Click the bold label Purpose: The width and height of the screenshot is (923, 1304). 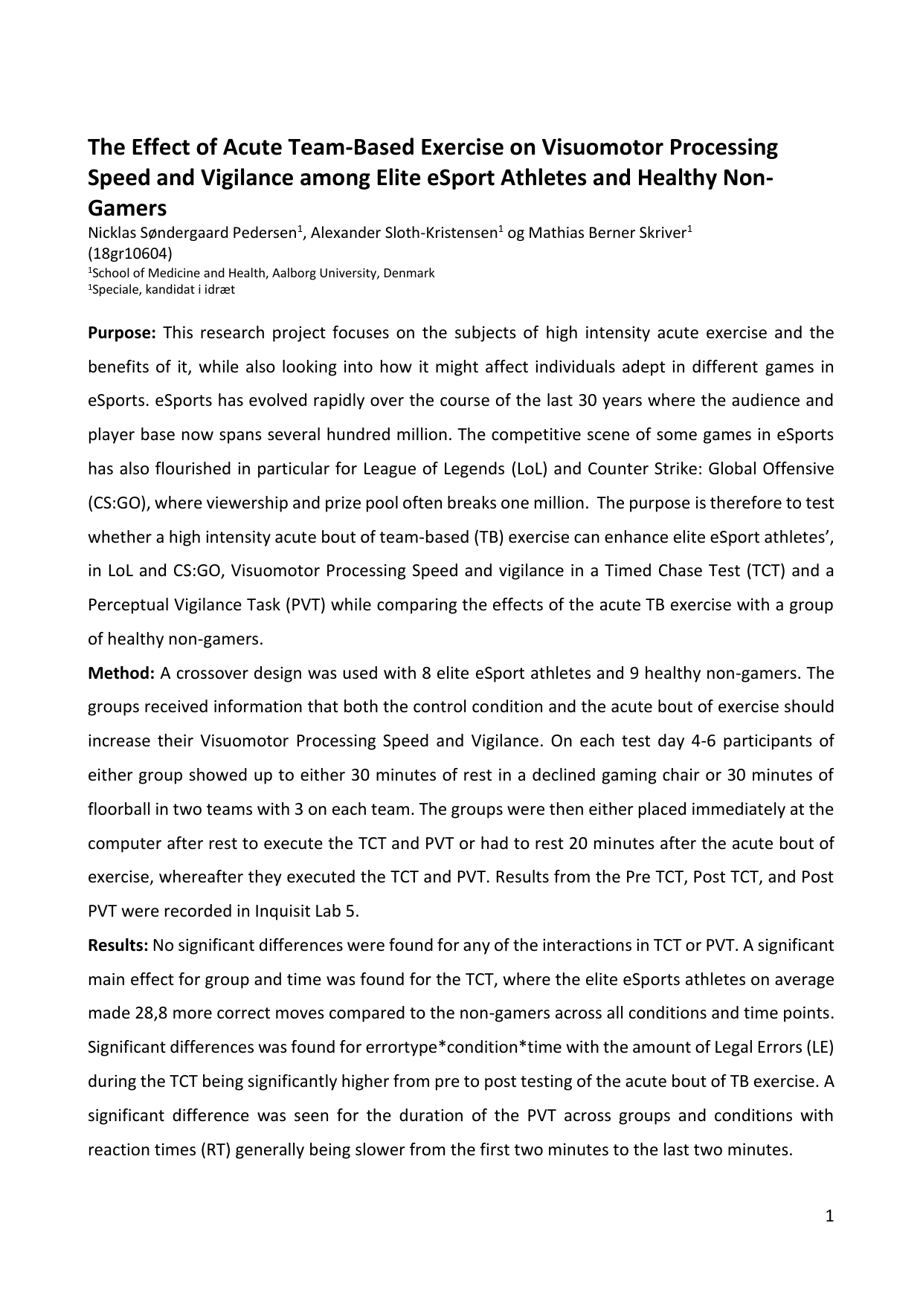coord(121,332)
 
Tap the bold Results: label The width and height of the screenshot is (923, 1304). coord(118,946)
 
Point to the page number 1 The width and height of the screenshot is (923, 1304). coord(829,1217)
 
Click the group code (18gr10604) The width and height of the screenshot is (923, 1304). coord(130,253)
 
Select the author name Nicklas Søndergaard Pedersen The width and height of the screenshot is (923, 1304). coord(193,233)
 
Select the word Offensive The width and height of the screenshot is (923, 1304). coord(797,469)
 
